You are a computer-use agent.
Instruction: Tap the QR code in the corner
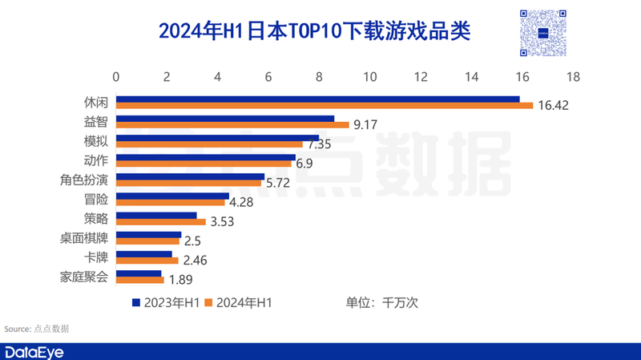(542, 33)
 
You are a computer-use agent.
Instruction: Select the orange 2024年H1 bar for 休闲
(325, 106)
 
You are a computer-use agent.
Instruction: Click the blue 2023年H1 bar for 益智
(225, 119)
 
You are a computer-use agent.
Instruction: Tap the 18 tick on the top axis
(573, 77)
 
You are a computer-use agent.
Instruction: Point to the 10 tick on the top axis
(370, 77)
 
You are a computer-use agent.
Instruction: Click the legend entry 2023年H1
(165, 303)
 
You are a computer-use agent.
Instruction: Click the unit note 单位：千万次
(382, 303)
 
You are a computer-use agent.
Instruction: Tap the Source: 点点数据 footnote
(37, 329)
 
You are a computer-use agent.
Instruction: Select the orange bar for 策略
(161, 221)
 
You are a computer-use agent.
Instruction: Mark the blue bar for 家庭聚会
(139, 273)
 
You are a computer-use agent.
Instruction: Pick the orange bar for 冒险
(171, 202)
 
